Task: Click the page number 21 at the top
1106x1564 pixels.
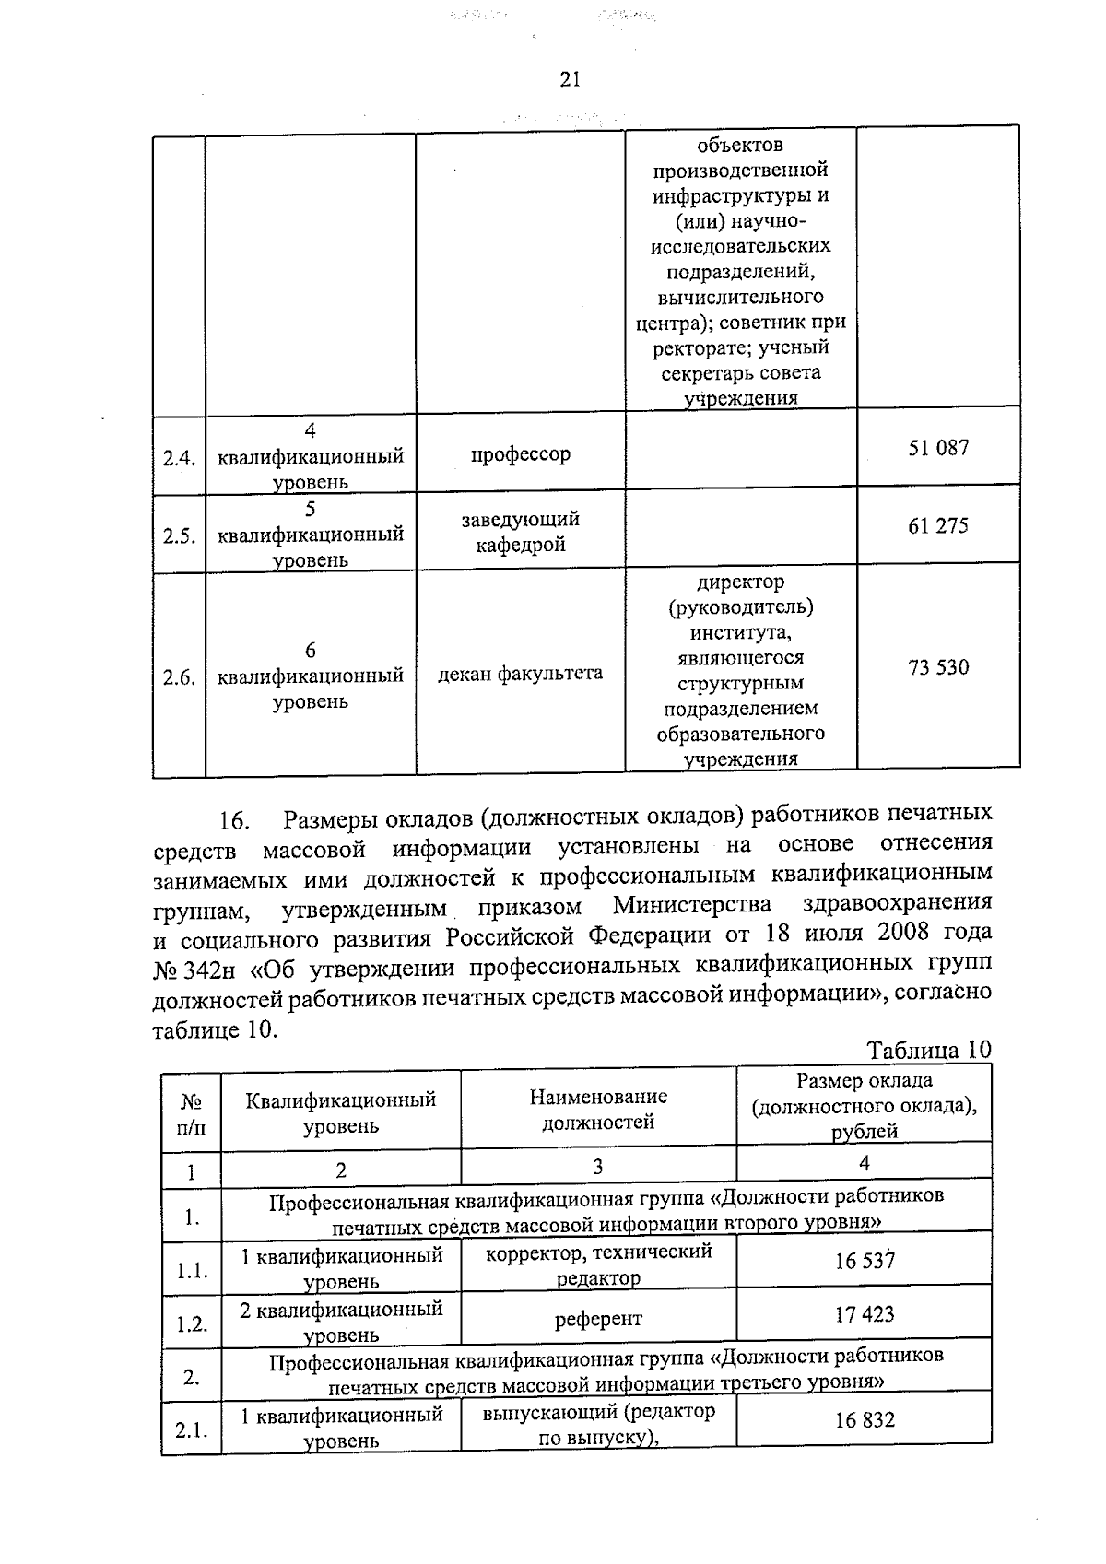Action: [x=570, y=80]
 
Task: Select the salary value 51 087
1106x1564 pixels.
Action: [x=938, y=448]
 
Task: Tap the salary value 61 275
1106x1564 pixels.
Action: [x=938, y=526]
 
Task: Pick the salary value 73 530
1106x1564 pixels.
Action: [x=938, y=667]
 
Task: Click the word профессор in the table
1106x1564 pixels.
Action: [x=521, y=454]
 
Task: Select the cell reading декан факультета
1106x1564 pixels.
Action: [x=521, y=673]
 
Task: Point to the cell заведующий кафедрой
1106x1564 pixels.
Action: [x=521, y=532]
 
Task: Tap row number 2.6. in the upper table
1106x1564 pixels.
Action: [x=179, y=678]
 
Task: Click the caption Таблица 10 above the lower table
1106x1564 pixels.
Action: [x=929, y=1051]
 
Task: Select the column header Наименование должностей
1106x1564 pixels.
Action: [x=598, y=1110]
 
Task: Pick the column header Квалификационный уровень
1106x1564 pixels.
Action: [x=341, y=1112]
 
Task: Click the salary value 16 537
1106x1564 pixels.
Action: [x=865, y=1261]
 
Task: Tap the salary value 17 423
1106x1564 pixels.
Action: [x=865, y=1314]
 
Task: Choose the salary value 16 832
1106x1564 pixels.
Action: [x=865, y=1420]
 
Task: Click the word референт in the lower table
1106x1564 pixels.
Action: [x=598, y=1320]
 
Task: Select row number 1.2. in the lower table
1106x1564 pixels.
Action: [x=192, y=1324]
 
